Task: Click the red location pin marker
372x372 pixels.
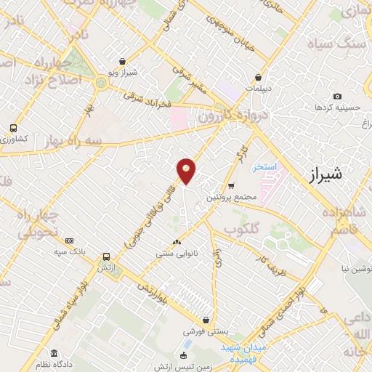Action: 186,170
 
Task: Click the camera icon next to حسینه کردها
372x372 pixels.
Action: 337,96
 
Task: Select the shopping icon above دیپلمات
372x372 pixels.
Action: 258,77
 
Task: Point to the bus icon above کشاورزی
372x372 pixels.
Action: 12,128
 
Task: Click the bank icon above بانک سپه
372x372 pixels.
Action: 69,240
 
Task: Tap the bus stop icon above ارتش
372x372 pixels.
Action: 107,256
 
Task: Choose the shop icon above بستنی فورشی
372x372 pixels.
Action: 207,320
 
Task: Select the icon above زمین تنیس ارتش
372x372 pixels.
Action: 182,355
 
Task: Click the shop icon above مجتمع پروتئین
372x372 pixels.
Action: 231,186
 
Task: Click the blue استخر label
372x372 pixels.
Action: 266,168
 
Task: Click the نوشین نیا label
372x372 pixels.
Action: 349,269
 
